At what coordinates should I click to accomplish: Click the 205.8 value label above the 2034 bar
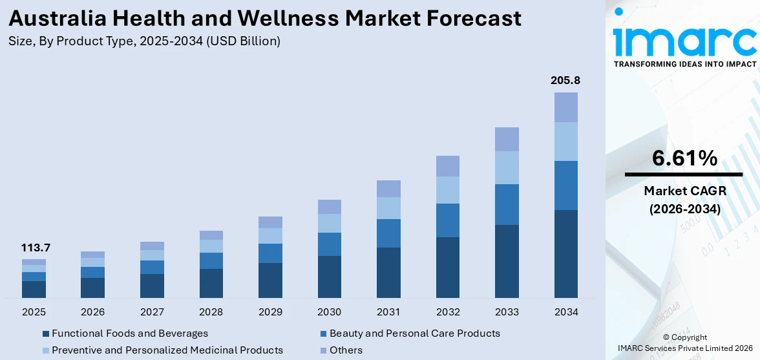pyautogui.click(x=565, y=81)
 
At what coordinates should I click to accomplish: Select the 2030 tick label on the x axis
pyautogui.click(x=329, y=312)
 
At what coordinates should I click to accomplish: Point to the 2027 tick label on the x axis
pyautogui.click(x=152, y=312)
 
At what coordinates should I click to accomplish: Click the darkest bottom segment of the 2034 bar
pyautogui.click(x=565, y=253)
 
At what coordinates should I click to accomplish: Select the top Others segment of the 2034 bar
pyautogui.click(x=565, y=107)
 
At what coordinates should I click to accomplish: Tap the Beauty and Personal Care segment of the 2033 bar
pyautogui.click(x=507, y=204)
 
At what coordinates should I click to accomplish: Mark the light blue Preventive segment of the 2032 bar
pyautogui.click(x=447, y=190)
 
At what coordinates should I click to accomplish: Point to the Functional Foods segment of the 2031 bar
pyautogui.click(x=388, y=272)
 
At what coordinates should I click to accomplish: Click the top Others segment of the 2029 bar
pyautogui.click(x=270, y=222)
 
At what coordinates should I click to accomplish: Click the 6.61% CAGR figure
pyautogui.click(x=684, y=158)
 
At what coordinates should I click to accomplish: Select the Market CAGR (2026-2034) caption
pyautogui.click(x=684, y=200)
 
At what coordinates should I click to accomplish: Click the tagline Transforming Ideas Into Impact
pyautogui.click(x=684, y=64)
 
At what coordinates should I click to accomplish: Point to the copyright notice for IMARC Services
pyautogui.click(x=684, y=343)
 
